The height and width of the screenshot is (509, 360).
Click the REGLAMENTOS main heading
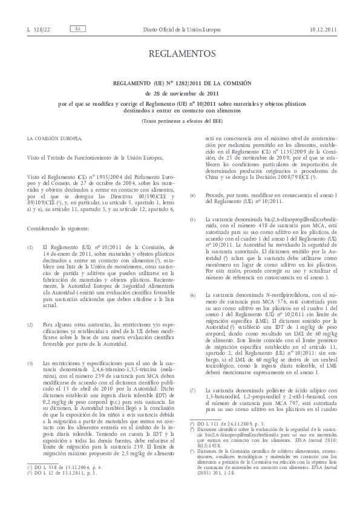(180, 56)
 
